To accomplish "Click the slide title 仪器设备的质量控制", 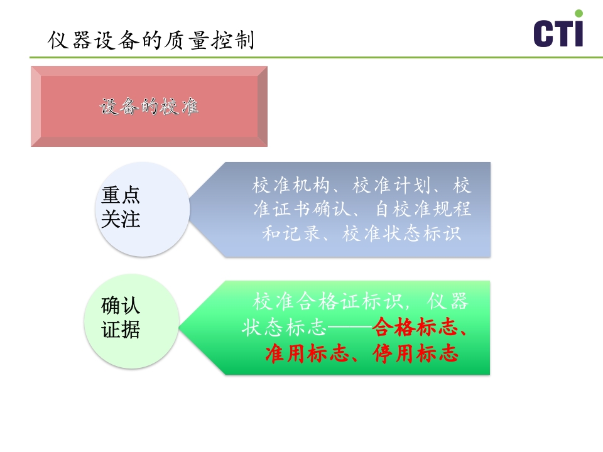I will tap(151, 41).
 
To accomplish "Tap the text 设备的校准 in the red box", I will tap(149, 107).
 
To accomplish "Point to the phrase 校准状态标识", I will tap(403, 234).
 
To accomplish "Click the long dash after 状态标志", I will tap(350, 328).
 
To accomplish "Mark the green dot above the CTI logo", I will tap(579, 13).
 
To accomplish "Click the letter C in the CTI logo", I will tap(544, 33).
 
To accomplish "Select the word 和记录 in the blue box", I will tap(283, 234).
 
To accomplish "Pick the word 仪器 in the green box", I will tap(448, 301).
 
